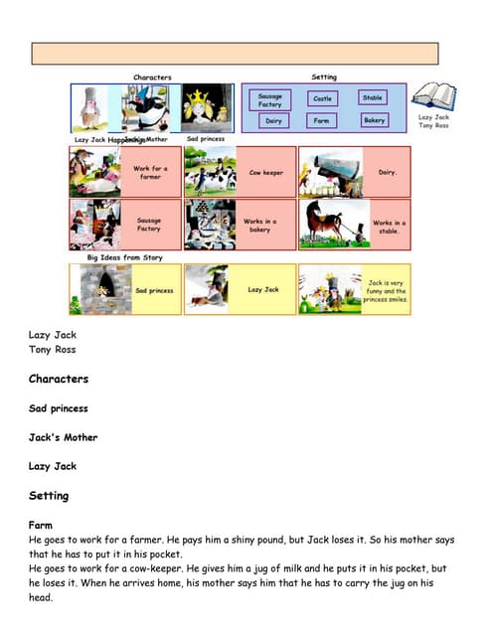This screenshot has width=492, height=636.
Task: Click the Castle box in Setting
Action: [323, 98]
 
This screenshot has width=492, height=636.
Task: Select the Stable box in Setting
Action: [373, 97]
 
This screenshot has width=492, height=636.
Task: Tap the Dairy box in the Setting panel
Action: [273, 121]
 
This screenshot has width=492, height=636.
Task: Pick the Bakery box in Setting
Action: [374, 120]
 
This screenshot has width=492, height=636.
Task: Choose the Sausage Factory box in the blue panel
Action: [270, 99]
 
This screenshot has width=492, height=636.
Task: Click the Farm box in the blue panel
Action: [321, 121]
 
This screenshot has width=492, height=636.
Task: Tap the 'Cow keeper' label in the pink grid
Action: [265, 172]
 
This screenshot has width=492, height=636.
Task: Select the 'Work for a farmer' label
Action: [149, 172]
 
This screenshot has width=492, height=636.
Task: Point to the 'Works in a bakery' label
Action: [261, 224]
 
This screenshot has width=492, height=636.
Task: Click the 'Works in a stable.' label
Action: [388, 226]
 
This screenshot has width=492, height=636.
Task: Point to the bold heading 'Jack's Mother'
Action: [64, 437]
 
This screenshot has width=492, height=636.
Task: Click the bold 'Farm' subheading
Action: [41, 525]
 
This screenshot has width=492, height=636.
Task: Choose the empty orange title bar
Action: [235, 54]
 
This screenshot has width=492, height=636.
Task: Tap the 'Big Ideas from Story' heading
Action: [125, 256]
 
